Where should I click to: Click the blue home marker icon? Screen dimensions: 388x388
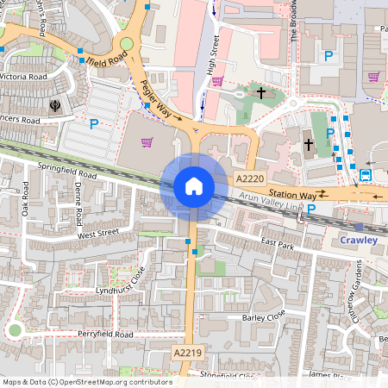click(x=194, y=186)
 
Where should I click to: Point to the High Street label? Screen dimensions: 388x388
click(x=213, y=53)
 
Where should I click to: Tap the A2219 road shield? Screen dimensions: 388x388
click(x=186, y=353)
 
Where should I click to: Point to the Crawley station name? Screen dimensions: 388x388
click(x=359, y=240)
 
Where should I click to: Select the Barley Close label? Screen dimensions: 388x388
click(x=264, y=318)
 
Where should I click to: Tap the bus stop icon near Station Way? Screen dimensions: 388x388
click(x=366, y=175)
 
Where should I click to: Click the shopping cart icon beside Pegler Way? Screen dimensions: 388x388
click(x=147, y=142)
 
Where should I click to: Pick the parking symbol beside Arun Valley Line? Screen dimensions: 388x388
click(x=312, y=209)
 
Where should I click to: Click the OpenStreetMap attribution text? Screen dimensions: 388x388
click(x=86, y=381)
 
